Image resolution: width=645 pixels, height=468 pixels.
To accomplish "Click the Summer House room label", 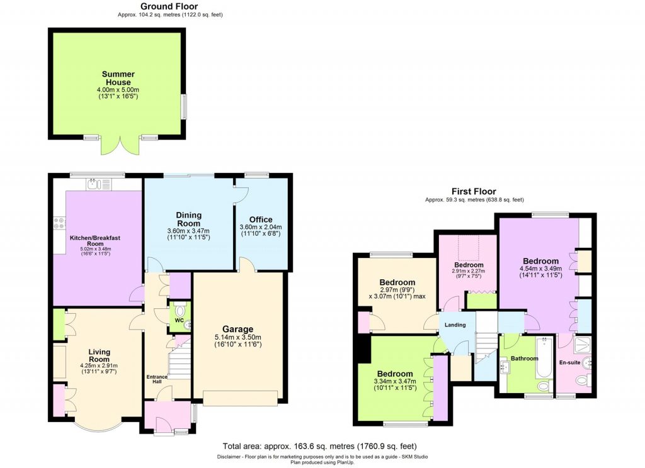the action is [118, 78].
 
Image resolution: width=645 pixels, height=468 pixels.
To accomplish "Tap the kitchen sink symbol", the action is [99, 184].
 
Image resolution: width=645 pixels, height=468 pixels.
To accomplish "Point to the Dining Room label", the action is [189, 219].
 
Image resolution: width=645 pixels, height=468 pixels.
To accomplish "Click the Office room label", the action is [261, 220].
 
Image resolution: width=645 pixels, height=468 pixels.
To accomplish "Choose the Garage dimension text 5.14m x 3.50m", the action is [237, 337].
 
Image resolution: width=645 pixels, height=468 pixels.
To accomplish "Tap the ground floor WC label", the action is [180, 320].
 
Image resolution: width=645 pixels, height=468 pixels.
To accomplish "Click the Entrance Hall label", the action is [157, 379].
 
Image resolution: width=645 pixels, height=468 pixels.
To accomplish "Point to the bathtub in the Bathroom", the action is [546, 357].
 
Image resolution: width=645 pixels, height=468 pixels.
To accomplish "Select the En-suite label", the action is [569, 362].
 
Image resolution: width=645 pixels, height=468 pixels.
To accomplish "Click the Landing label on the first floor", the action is [455, 325].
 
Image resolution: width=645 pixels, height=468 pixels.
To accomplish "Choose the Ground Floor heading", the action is [169, 6].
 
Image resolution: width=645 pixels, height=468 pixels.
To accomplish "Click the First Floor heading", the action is [474, 191].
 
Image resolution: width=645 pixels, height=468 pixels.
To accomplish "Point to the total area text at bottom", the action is [319, 446].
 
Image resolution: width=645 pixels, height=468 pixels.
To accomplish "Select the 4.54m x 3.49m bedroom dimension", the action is [541, 269].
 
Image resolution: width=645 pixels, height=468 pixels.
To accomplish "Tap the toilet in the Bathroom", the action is [544, 386].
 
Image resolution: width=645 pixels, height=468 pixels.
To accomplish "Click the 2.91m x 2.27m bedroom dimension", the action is [469, 271].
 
